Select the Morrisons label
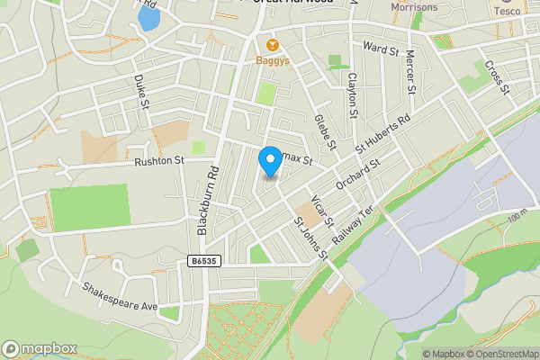coord(414,7)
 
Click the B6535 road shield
coord(205,261)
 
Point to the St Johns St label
coord(310,237)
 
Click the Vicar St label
coord(322,211)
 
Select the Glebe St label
coord(325,131)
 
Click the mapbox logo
coord(40,348)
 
